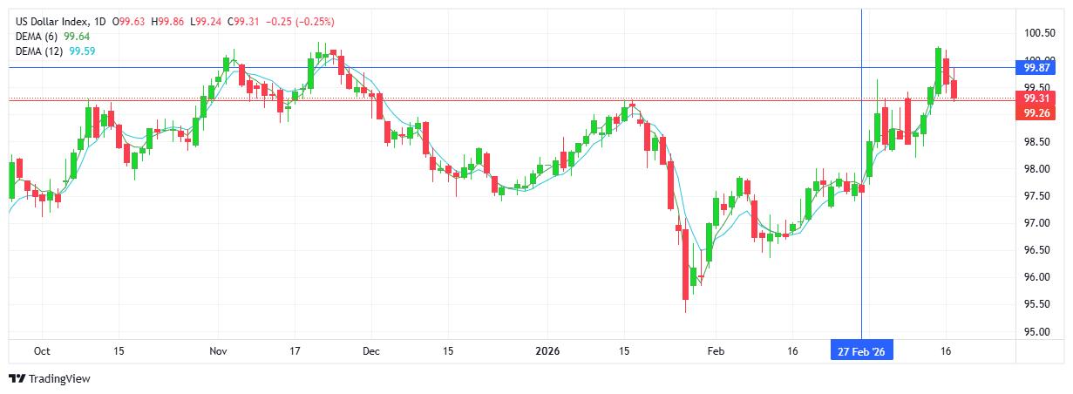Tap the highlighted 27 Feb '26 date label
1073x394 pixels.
[861, 350]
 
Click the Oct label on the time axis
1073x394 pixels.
[41, 350]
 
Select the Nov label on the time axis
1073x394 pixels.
[219, 350]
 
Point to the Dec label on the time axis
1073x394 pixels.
[370, 350]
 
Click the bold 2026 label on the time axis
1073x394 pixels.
[547, 350]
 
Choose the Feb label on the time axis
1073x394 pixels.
[714, 350]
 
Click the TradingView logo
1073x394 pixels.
[49, 379]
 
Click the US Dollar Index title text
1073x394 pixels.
[51, 21]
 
